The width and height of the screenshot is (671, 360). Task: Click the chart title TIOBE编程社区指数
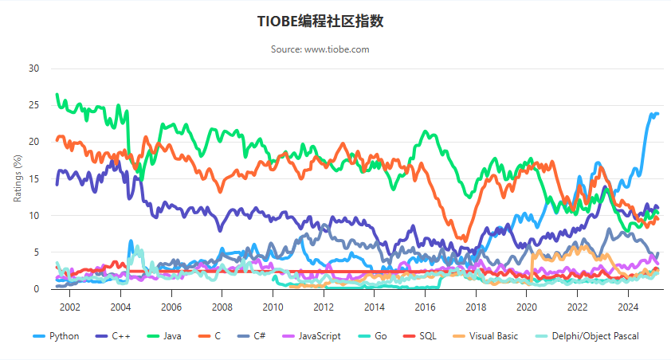click(x=320, y=22)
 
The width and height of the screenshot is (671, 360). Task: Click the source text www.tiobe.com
click(x=320, y=49)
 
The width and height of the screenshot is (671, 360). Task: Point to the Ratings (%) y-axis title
click(x=18, y=178)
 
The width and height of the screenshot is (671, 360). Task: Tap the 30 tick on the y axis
click(x=33, y=68)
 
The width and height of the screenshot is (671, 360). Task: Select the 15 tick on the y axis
click(x=33, y=179)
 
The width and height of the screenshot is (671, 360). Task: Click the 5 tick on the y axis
click(x=36, y=252)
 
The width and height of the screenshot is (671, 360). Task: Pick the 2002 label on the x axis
click(x=69, y=307)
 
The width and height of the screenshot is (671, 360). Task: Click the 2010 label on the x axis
click(x=273, y=307)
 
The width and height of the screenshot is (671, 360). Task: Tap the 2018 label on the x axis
click(x=476, y=307)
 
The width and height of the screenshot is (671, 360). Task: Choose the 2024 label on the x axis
click(x=628, y=307)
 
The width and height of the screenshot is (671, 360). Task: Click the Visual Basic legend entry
click(x=492, y=336)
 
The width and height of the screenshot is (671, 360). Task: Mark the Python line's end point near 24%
click(x=657, y=114)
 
